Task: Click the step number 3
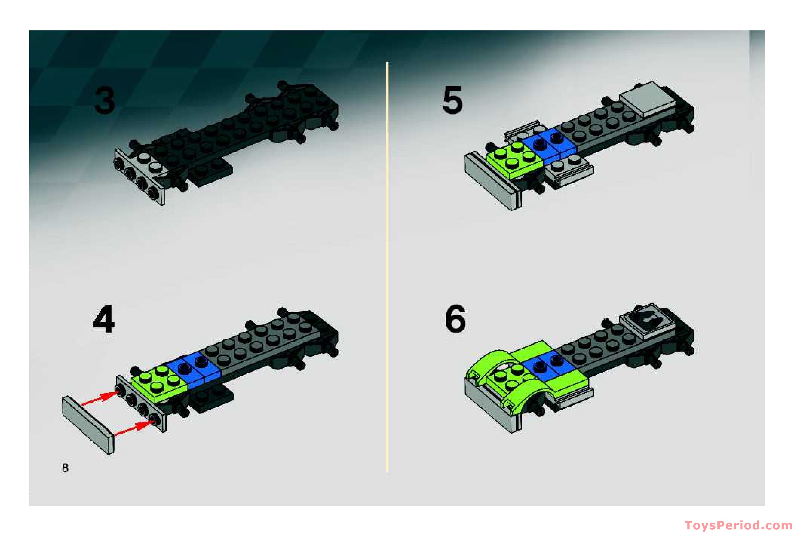pyautogui.click(x=104, y=100)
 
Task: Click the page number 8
pyautogui.click(x=65, y=468)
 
